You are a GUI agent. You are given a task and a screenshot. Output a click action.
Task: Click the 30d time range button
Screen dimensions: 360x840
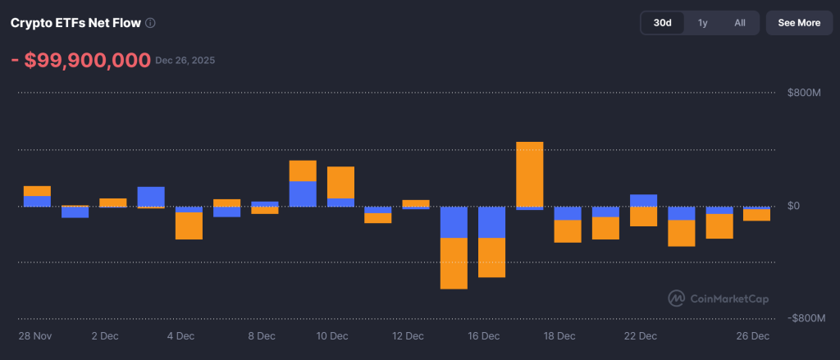tap(662, 23)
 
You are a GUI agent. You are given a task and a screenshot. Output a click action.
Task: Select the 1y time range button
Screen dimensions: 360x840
tap(702, 23)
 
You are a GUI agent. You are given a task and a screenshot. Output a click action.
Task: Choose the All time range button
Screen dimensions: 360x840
tap(740, 23)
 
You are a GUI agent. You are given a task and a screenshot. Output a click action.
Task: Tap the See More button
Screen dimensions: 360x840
tap(798, 23)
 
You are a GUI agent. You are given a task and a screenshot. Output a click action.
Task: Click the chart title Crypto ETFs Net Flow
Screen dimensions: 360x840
tap(75, 23)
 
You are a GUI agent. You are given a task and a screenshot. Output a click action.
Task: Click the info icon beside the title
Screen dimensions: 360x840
tap(150, 23)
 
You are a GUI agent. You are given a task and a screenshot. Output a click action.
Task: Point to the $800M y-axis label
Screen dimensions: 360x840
tap(805, 93)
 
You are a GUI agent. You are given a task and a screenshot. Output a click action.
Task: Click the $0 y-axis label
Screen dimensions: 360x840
tap(794, 206)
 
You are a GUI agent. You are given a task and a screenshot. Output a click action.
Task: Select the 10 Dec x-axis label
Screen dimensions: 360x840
tap(332, 336)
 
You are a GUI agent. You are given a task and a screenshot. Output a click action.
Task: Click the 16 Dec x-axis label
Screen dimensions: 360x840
tap(484, 336)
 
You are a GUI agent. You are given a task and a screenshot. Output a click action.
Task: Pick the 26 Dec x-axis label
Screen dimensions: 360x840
tap(753, 336)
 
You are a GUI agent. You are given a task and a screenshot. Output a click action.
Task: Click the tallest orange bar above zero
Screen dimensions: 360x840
tap(529, 174)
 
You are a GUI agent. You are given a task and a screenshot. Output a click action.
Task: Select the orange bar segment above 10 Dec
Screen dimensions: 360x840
tap(340, 182)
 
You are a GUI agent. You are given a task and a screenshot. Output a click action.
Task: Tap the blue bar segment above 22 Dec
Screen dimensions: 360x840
tap(643, 200)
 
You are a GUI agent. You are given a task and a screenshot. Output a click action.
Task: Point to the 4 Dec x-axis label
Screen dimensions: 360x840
tap(180, 336)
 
